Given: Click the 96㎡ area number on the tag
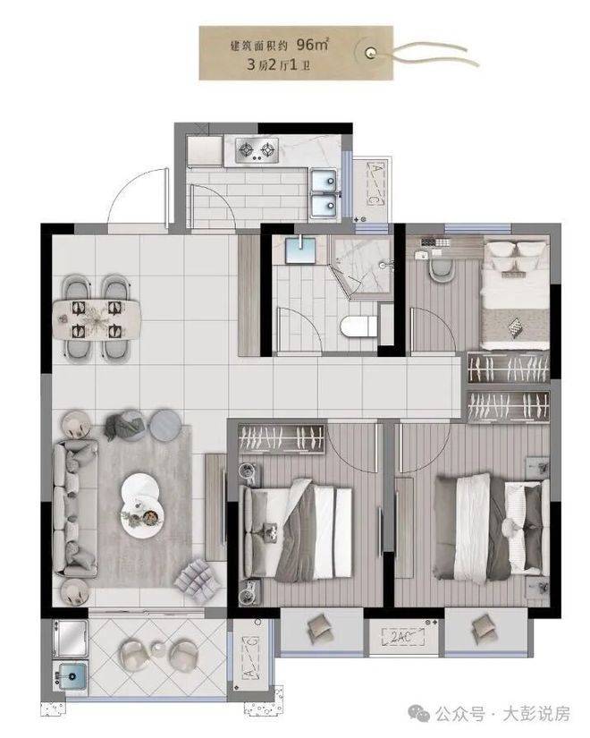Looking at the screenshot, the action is point(312,45).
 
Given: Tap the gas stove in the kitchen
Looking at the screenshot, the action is point(257,150).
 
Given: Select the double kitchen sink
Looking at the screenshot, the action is point(324,194).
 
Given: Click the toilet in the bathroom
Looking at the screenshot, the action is point(359,327).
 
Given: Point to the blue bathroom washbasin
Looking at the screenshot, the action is point(300,250).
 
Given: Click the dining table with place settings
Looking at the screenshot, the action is point(97,319).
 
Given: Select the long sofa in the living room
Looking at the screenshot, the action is point(75,508).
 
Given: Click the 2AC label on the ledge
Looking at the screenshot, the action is point(401,637).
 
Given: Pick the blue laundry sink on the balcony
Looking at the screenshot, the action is point(70,676).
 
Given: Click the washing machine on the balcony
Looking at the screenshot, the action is point(70,638).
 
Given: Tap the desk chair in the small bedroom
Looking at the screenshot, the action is point(442,269).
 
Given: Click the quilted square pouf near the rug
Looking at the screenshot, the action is point(198,581).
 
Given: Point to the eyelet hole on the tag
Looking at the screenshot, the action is point(371,52).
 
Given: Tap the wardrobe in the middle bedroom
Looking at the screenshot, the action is point(282,439).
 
